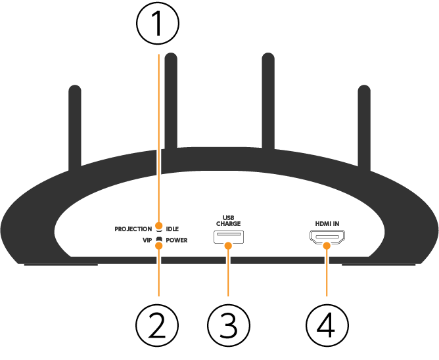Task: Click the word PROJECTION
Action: click(133, 229)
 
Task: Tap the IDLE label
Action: click(172, 229)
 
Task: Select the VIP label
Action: click(147, 240)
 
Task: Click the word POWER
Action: click(176, 240)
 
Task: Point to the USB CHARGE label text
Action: click(228, 220)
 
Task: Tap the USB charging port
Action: click(228, 238)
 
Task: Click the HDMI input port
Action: click(327, 238)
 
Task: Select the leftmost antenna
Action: click(75, 125)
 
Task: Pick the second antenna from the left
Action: click(171, 99)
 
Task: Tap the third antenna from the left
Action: click(267, 99)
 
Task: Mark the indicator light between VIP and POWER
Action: click(158, 240)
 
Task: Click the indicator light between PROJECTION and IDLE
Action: click(158, 229)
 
